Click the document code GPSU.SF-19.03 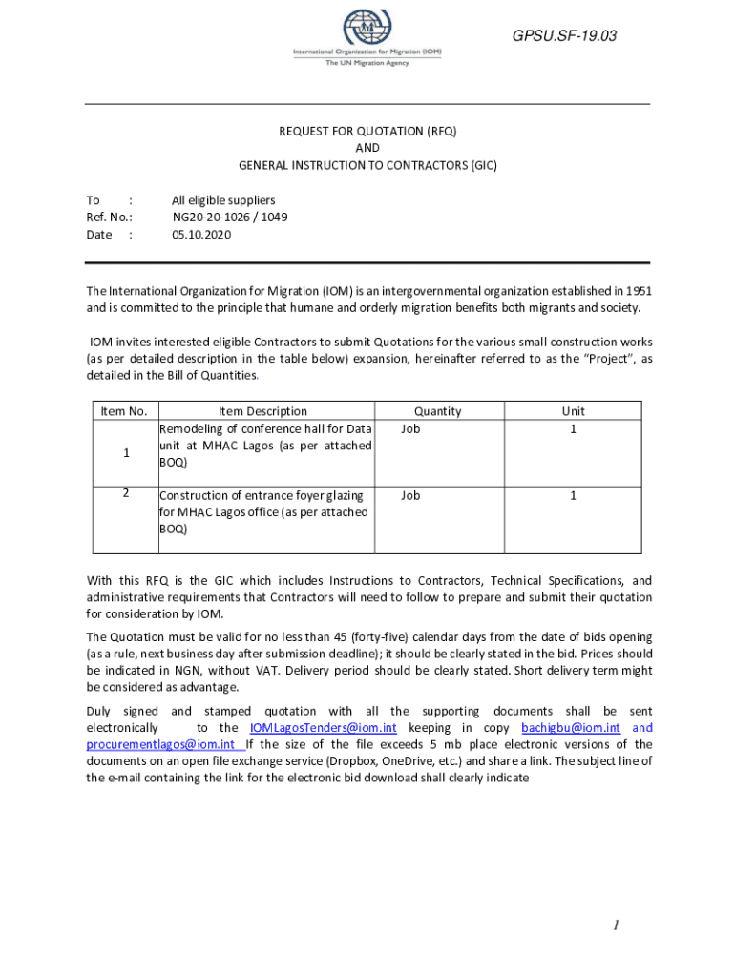point(564,36)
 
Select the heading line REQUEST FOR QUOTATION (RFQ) point(367,131)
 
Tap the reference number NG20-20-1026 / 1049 point(229,217)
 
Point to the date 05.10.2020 point(200,234)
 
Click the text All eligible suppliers point(223,199)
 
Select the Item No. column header point(124,411)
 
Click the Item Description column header point(263,411)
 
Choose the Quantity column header point(438,411)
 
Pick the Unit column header point(574,411)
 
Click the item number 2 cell point(126,493)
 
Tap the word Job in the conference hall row point(410,428)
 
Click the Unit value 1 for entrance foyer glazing point(574,495)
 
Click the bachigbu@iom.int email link point(571,728)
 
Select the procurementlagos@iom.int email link point(160,744)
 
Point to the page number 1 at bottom point(618,925)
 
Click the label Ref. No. point(108,217)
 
